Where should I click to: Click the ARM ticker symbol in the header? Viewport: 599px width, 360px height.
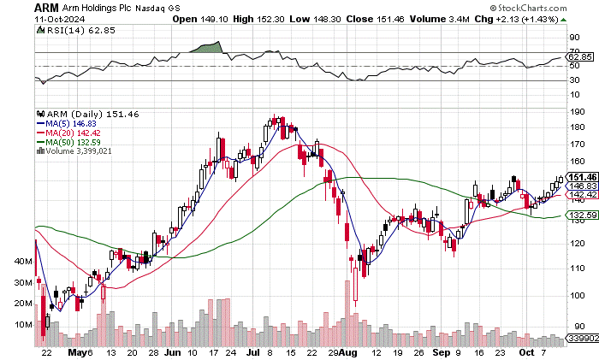point(46,7)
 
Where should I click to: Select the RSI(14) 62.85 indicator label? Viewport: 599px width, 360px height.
point(73,29)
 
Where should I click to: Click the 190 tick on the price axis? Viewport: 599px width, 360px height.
point(578,110)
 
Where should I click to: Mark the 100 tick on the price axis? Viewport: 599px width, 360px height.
point(578,296)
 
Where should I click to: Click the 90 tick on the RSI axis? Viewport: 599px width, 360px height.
point(574,38)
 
